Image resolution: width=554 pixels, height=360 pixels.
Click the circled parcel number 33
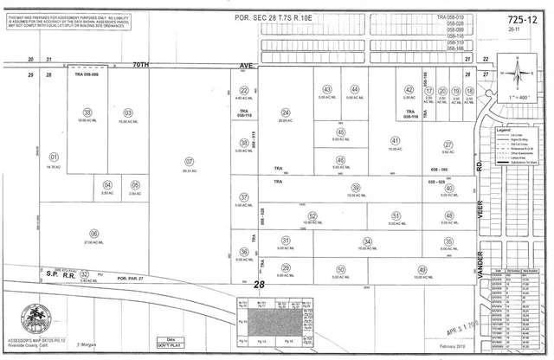87,112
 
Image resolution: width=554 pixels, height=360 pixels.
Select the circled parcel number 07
188,160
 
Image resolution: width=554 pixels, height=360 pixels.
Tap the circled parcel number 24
285,112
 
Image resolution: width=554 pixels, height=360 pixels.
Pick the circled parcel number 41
395,140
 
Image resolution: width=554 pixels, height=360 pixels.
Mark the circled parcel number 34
367,241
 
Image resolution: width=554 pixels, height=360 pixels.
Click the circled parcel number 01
55,157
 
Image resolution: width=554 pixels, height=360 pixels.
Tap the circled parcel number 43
327,90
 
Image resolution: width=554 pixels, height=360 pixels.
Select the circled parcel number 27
448,145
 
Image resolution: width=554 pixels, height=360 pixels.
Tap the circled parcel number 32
85,273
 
